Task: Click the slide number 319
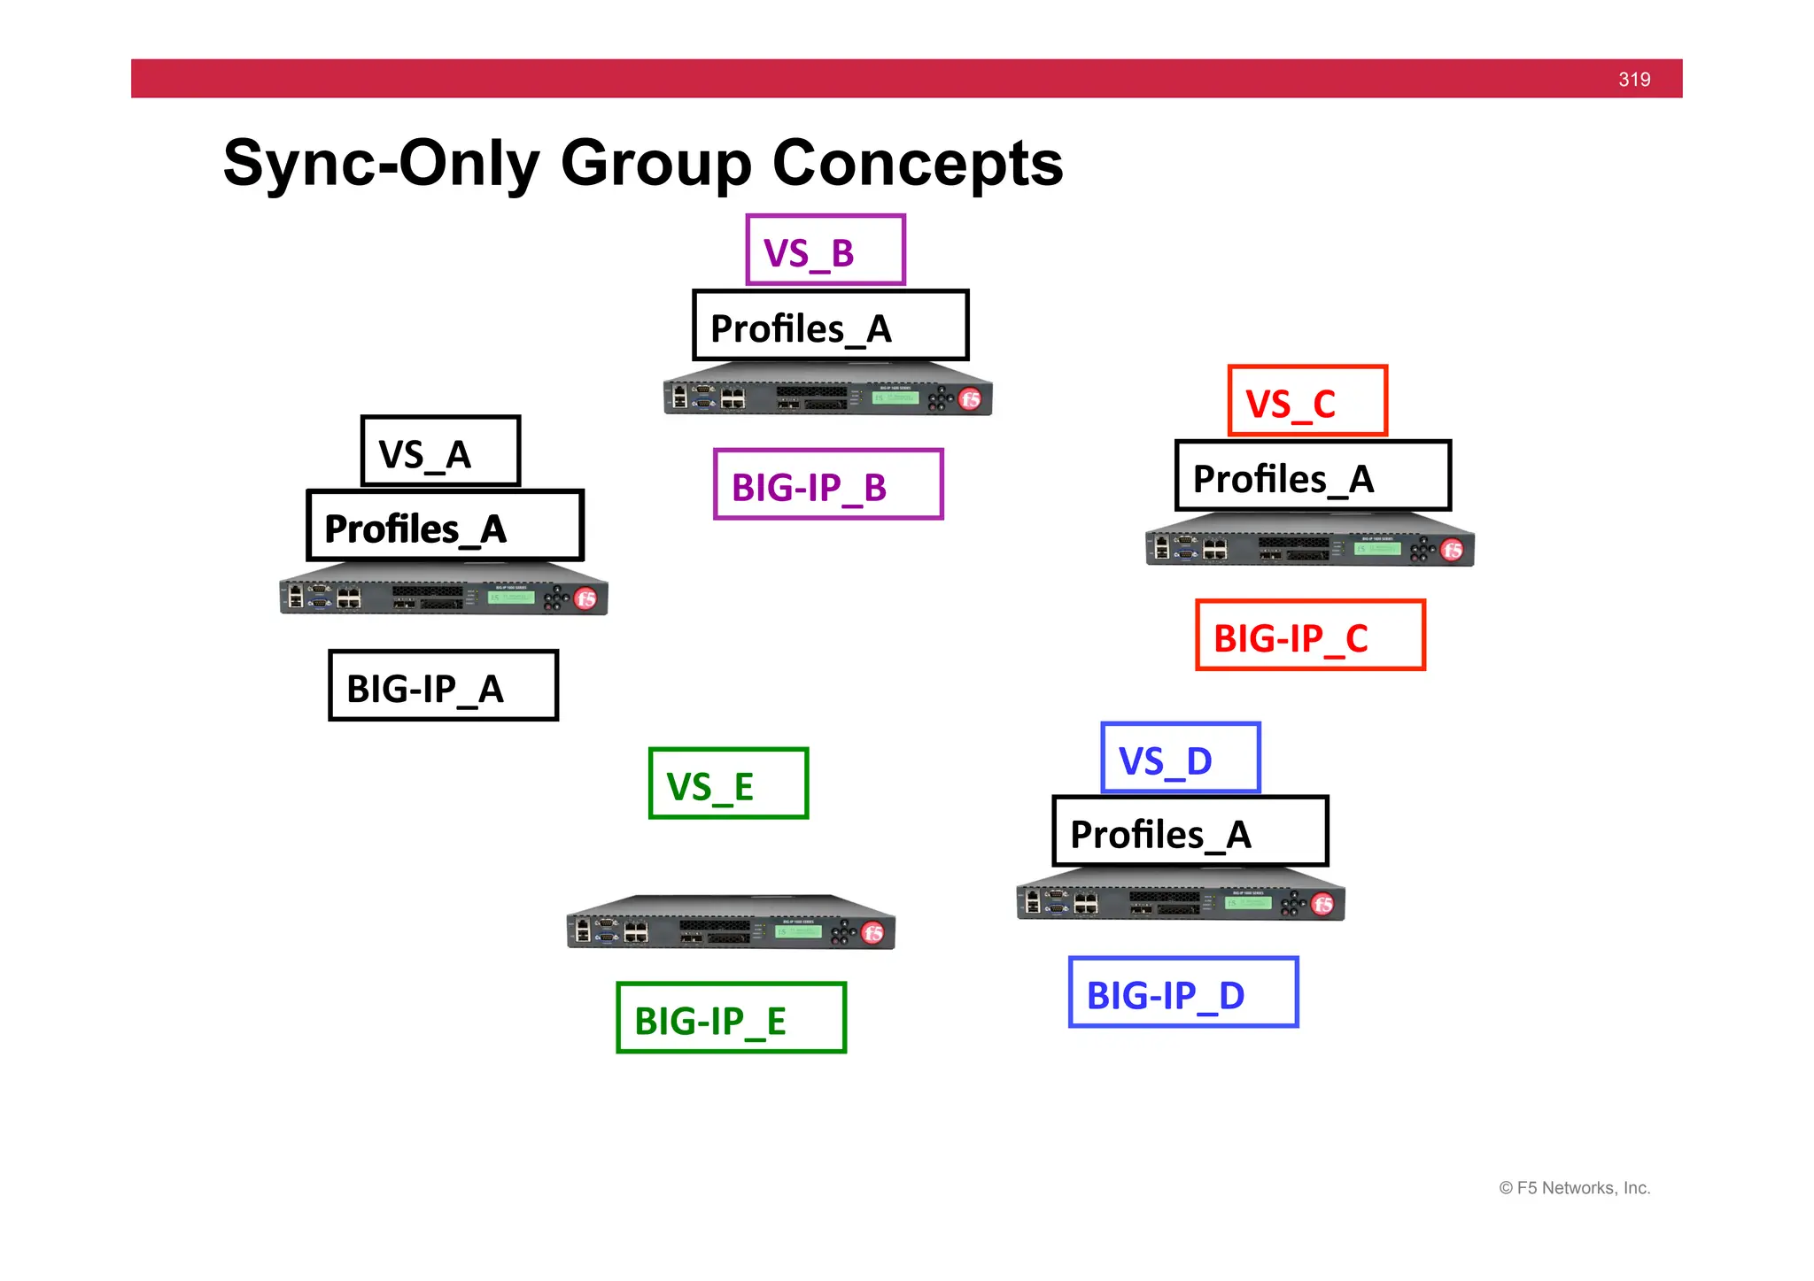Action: coord(1633,80)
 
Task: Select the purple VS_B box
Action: coord(826,251)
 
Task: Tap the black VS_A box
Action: coord(440,451)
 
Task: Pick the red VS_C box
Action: coord(1306,401)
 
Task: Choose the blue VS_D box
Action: coord(1180,759)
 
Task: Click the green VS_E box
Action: coord(728,784)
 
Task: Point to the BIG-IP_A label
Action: coord(443,686)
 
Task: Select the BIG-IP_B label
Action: coord(828,485)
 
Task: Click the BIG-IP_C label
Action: coord(1310,636)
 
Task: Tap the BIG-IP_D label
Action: coord(1183,993)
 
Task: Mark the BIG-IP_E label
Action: coord(731,1018)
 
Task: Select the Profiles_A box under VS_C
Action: coord(1313,476)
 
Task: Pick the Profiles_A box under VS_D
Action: coord(1190,832)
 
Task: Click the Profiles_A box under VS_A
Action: coord(445,527)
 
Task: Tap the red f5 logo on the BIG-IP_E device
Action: coord(872,933)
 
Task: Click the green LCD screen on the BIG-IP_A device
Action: coord(511,598)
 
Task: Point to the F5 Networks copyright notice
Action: coord(1574,1188)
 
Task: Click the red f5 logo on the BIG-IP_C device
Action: coord(1452,551)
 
